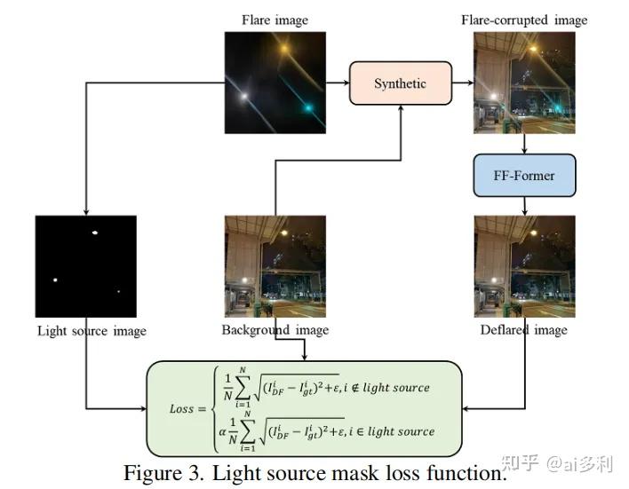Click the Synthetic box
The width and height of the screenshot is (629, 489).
(399, 83)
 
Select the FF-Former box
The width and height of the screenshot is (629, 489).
(523, 175)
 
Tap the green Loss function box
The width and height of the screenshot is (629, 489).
(305, 408)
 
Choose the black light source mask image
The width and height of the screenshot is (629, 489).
(86, 266)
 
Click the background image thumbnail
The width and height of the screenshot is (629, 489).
(275, 266)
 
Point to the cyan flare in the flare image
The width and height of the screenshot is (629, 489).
(308, 107)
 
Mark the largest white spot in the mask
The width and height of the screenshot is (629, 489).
(93, 233)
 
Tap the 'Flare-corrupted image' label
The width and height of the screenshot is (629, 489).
(523, 20)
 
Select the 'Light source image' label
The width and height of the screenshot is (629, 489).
(92, 331)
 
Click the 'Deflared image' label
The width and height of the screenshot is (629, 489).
(523, 330)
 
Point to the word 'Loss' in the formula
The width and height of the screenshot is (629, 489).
(181, 409)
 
